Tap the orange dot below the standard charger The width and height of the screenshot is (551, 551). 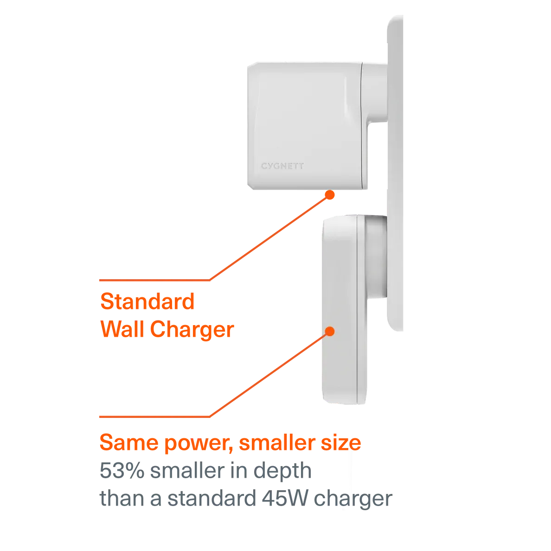click(x=330, y=195)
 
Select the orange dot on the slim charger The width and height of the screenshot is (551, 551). click(x=330, y=331)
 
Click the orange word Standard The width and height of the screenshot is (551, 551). click(x=147, y=302)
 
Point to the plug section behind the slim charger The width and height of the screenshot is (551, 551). click(x=375, y=255)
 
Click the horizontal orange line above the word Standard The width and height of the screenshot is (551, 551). click(x=153, y=280)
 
